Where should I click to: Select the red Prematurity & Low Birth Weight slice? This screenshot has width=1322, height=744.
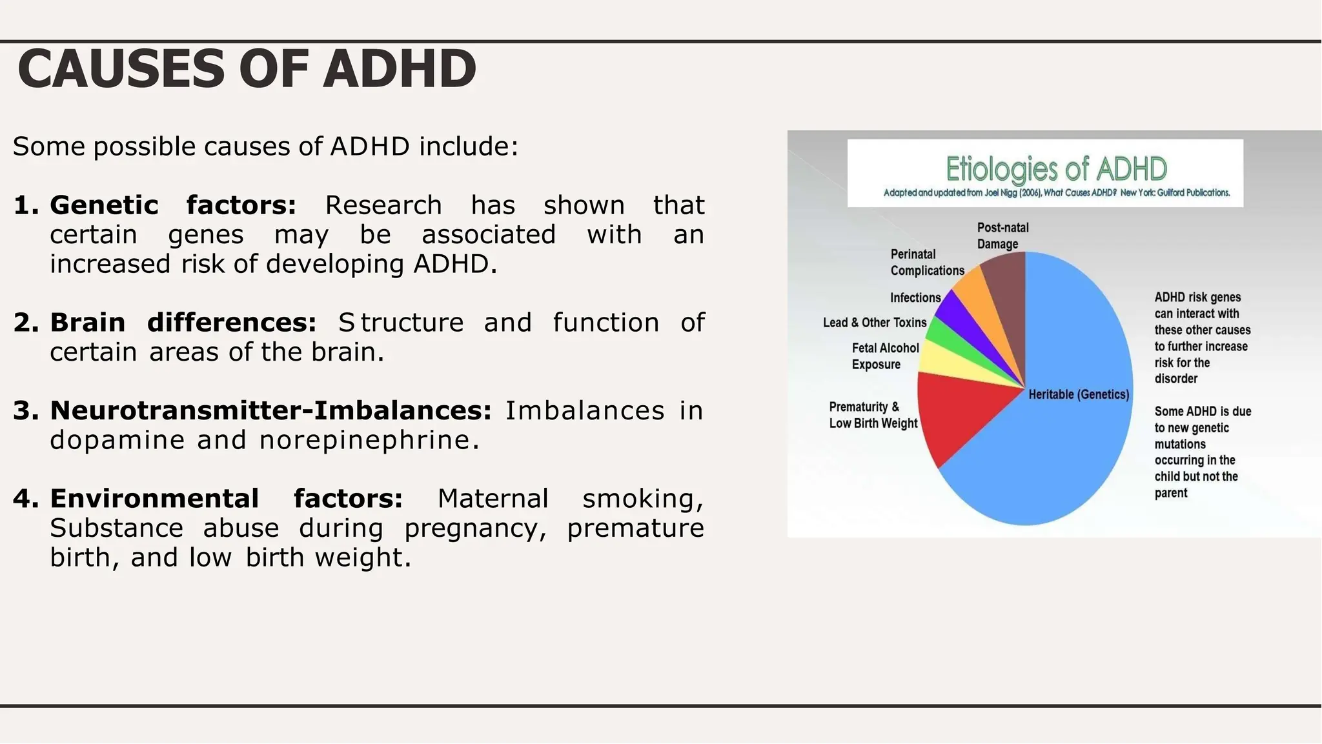click(x=955, y=413)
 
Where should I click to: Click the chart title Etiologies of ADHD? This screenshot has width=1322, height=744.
click(x=1056, y=169)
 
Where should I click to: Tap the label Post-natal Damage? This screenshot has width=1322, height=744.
click(x=1002, y=236)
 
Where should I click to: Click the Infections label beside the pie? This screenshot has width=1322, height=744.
click(x=915, y=297)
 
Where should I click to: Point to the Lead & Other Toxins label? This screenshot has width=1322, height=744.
click(x=874, y=323)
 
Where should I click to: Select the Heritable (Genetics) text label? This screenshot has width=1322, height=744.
click(x=1079, y=394)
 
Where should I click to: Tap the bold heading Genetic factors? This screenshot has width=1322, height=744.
click(x=173, y=205)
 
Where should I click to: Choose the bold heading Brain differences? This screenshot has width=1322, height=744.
click(x=183, y=323)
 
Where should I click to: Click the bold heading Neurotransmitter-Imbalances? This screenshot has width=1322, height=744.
click(x=270, y=410)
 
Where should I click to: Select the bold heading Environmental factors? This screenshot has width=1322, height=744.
click(x=226, y=499)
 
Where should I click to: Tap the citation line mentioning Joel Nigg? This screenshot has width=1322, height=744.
click(x=1056, y=193)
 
